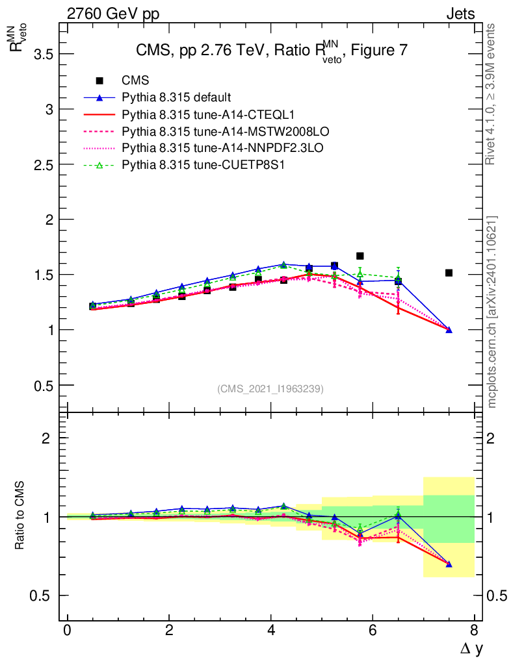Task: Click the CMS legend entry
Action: coord(136,81)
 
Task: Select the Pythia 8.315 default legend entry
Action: coord(176,97)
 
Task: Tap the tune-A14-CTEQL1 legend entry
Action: coord(208,115)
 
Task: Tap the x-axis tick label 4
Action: coord(270,631)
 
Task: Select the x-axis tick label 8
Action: coord(474,631)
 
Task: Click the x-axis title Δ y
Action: coord(469,647)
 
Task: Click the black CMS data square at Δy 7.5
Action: coord(449,273)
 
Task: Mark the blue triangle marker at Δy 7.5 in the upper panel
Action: coord(449,329)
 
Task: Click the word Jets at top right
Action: coord(460,14)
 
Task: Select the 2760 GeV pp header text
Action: coord(112,14)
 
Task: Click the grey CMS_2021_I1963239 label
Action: coord(270,388)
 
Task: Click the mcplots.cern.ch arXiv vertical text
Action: coord(492,312)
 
